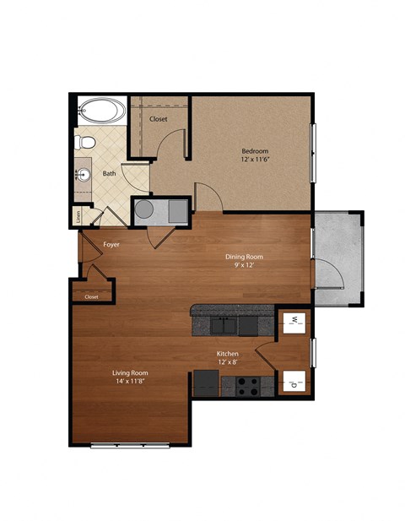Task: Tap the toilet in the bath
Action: (x=84, y=142)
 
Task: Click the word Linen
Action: (x=78, y=216)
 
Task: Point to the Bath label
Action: (x=110, y=174)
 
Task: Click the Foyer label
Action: (x=111, y=244)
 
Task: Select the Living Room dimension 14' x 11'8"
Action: (x=131, y=381)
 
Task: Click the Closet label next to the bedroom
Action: (x=159, y=119)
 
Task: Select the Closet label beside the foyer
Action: (x=90, y=296)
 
